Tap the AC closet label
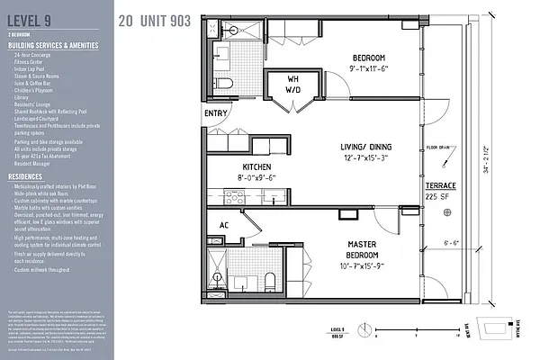(225, 225)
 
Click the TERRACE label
(441, 184)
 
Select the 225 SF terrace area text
(440, 196)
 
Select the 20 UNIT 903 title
(154, 20)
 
